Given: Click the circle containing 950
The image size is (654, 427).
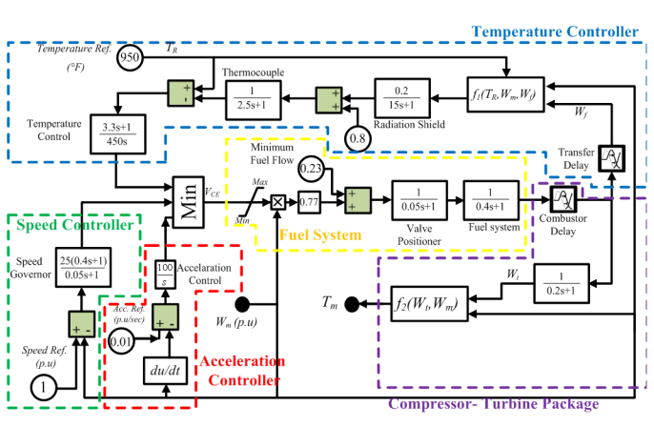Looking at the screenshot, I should pyautogui.click(x=131, y=59).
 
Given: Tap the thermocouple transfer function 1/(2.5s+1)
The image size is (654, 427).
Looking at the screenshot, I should pyautogui.click(x=253, y=98).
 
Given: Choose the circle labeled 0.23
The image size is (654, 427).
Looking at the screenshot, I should pyautogui.click(x=312, y=170).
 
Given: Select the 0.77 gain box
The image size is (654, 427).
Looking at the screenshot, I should pyautogui.click(x=307, y=201).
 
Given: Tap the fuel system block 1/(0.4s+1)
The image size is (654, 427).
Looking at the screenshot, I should pyautogui.click(x=489, y=199).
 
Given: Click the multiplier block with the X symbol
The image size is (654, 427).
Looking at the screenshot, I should pyautogui.click(x=278, y=201).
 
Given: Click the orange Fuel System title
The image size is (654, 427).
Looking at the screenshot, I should pyautogui.click(x=319, y=234).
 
